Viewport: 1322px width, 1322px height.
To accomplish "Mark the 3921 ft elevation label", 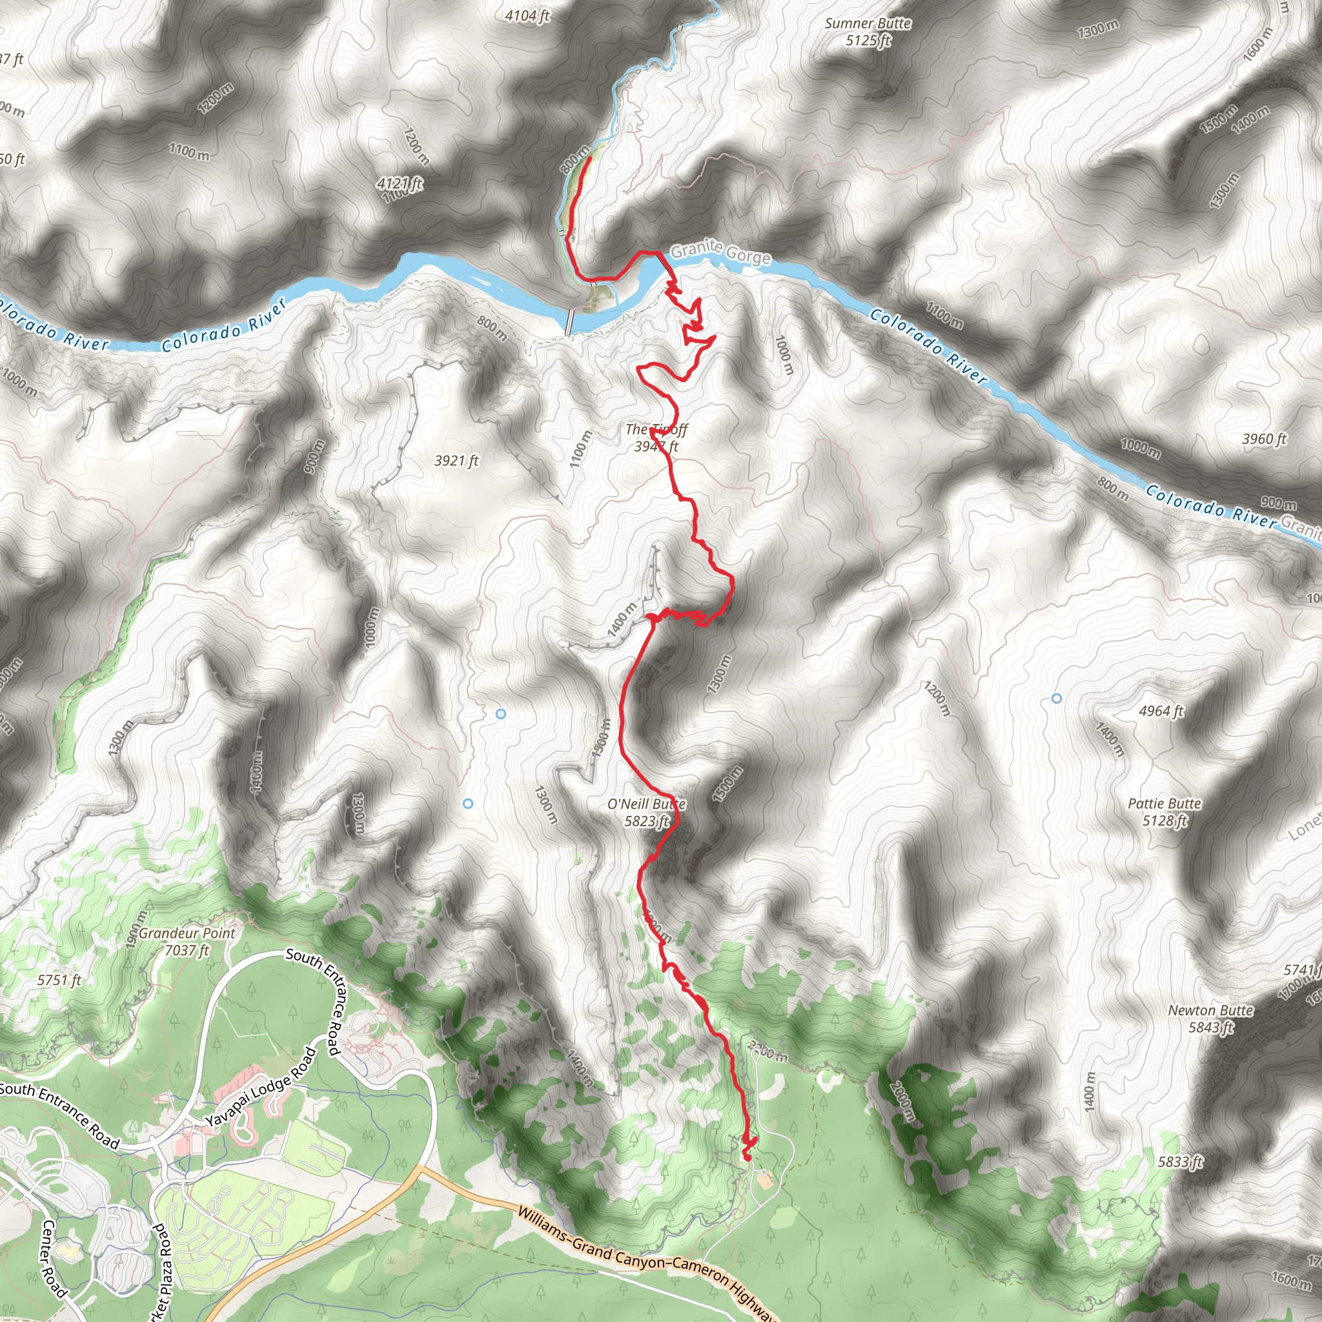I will click(x=456, y=460).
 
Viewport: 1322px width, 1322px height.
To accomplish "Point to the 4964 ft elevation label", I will click(x=1161, y=711).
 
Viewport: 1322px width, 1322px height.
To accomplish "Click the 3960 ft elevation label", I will click(x=1265, y=438).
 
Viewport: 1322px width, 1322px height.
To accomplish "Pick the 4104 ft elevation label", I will click(x=527, y=15).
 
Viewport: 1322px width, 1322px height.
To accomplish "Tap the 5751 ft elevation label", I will click(x=59, y=980).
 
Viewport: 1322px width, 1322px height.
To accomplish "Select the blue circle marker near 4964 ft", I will click(x=1057, y=698).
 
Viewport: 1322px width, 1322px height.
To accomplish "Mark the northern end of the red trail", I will click(x=589, y=158).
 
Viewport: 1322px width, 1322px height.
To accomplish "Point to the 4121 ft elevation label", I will click(x=400, y=183).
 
